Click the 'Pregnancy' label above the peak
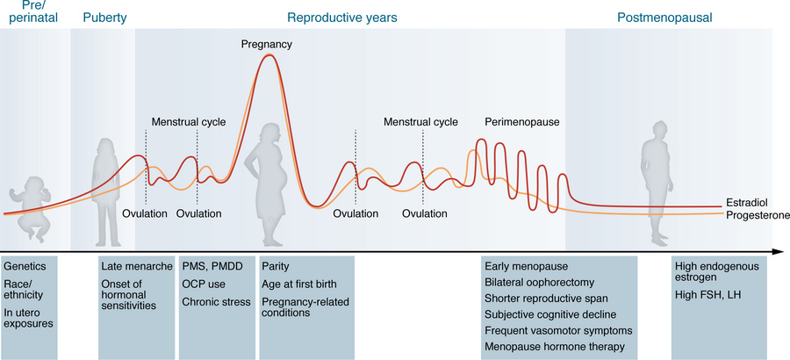(267, 44)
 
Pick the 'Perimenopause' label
(522, 122)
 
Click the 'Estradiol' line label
(748, 203)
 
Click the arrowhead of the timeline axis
(777, 252)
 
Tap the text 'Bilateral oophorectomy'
(540, 283)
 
